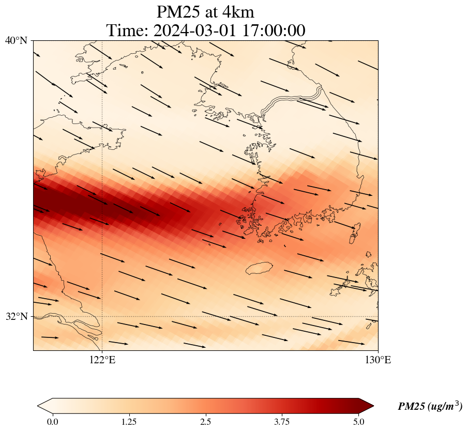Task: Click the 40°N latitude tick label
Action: [16, 40]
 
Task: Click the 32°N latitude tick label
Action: [16, 316]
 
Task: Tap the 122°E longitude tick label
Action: [102, 360]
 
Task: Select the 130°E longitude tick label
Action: [378, 360]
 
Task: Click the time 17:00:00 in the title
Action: [271, 30]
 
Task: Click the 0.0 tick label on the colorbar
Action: [52, 422]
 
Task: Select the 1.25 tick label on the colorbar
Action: [129, 422]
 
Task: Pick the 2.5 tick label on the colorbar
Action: [206, 422]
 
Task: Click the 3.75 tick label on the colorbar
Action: [282, 422]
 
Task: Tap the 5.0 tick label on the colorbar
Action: [359, 422]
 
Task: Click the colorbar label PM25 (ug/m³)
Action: [430, 407]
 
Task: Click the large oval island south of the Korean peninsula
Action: [259, 268]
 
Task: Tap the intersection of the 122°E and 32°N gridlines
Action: [102, 316]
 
